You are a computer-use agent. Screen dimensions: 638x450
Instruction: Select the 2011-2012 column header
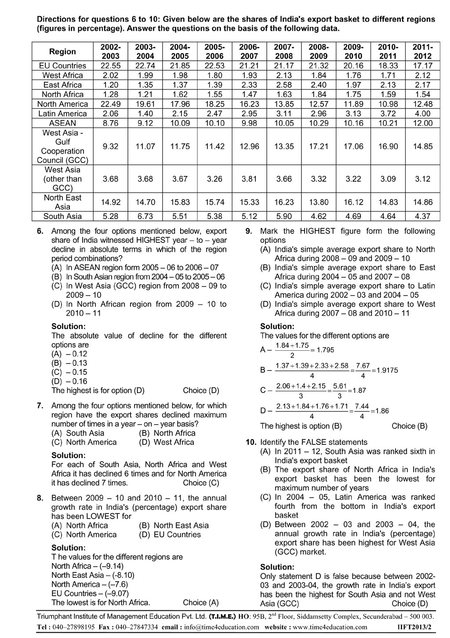click(x=422, y=51)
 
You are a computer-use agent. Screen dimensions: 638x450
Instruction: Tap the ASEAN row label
click(x=62, y=123)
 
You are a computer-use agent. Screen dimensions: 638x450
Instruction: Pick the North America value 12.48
click(x=422, y=104)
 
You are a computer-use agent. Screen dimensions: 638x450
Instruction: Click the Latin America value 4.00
click(x=422, y=114)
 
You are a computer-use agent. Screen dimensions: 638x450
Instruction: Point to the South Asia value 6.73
click(x=145, y=216)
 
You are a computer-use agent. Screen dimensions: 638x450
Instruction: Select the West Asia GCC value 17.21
click(x=319, y=147)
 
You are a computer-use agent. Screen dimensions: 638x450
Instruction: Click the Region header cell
click(x=62, y=51)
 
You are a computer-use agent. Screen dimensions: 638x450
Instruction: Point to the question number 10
click(x=250, y=442)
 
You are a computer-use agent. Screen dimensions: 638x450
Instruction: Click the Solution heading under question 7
click(x=68, y=455)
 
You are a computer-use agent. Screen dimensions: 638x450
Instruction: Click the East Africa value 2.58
click(x=284, y=85)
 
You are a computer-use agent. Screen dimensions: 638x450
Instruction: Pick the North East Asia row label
click(x=62, y=202)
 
